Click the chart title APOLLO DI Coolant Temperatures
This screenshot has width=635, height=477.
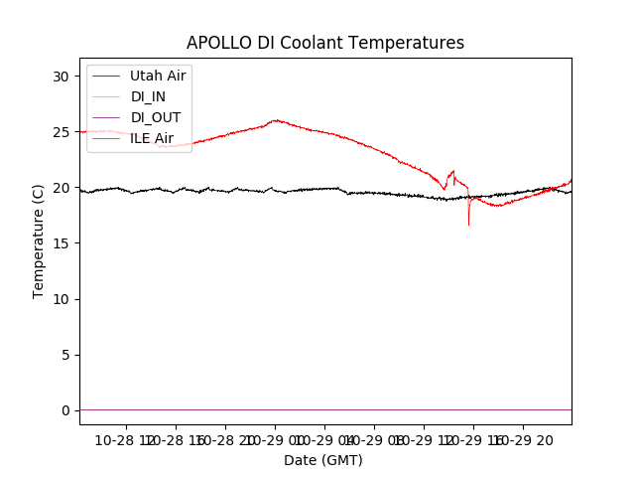[x=325, y=43]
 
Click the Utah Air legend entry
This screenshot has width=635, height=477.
[x=158, y=76]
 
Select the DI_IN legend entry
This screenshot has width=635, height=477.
[x=150, y=96]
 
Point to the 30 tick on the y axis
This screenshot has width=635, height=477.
[x=62, y=77]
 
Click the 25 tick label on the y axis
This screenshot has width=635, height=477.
[x=62, y=132]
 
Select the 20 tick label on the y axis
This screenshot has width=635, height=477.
[x=62, y=188]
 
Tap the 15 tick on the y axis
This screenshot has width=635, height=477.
[x=62, y=243]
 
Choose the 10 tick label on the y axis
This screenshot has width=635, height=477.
[x=62, y=299]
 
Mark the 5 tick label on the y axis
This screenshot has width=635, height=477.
[x=65, y=355]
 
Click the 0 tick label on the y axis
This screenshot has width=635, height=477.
[x=65, y=410]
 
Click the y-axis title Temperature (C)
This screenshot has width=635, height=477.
[x=39, y=241]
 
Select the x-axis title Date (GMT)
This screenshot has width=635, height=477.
[x=323, y=460]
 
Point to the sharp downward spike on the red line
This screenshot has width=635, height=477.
[x=469, y=223]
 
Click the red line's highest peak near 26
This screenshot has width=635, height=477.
[x=275, y=120]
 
